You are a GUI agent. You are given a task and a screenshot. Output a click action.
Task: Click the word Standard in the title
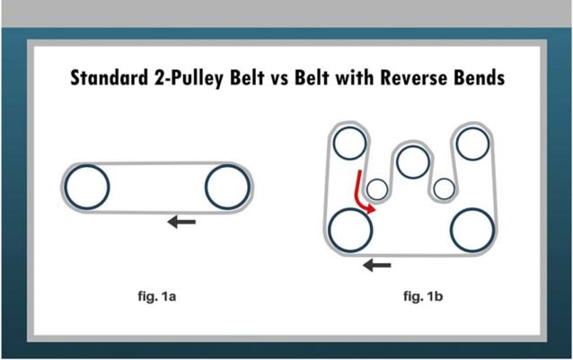110,78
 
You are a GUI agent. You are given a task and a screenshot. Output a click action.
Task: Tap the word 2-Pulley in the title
189,78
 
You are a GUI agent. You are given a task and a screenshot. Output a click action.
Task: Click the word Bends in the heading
480,78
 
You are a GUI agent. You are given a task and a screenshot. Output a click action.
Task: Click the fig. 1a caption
157,296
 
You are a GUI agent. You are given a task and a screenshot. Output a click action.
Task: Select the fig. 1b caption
423,296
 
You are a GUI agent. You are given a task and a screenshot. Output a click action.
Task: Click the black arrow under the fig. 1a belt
181,222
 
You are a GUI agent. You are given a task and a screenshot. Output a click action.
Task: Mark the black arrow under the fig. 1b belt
377,265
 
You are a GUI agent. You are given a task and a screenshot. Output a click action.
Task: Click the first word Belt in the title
247,78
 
